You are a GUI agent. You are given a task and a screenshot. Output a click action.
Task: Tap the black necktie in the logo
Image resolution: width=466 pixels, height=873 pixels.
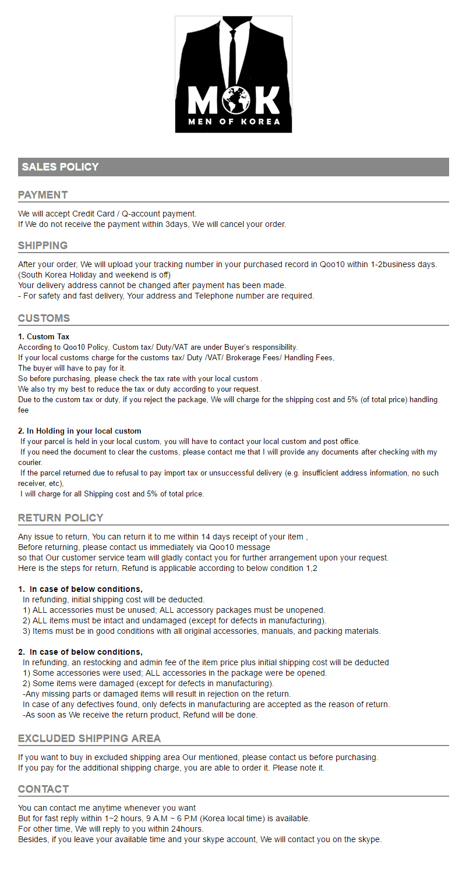233,58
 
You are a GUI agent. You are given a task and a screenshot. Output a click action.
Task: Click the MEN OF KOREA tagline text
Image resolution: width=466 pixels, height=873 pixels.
234,122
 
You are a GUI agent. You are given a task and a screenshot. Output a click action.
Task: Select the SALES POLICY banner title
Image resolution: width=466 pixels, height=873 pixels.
60,167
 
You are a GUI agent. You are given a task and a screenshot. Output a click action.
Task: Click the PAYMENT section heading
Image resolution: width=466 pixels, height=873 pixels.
43,194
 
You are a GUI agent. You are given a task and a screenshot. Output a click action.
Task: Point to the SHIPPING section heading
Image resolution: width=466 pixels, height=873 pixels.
43,245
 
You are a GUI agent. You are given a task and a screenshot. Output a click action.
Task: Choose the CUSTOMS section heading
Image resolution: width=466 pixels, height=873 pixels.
44,318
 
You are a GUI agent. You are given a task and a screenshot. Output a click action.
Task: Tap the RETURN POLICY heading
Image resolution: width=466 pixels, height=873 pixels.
61,517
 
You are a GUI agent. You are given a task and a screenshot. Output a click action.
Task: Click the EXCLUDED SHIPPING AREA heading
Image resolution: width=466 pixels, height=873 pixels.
89,738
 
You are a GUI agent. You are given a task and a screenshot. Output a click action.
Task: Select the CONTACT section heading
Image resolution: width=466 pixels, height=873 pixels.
43,789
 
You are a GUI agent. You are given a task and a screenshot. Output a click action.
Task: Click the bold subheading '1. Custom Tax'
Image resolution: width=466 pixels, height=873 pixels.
44,336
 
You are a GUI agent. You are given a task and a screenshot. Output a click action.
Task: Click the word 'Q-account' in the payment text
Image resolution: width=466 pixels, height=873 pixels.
140,214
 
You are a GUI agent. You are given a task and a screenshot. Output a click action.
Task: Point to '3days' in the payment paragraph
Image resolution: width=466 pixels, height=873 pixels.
176,224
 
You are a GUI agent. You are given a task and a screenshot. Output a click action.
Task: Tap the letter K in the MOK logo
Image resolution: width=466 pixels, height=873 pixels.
267,100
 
